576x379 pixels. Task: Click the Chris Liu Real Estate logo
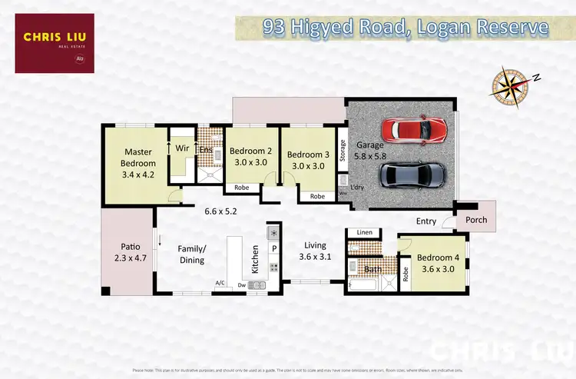pyautogui.click(x=54, y=43)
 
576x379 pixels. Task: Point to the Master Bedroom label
pyautogui.click(x=138, y=163)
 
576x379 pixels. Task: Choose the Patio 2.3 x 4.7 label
pyautogui.click(x=126, y=253)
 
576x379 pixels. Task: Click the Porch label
pyautogui.click(x=472, y=220)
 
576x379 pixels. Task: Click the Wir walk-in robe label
pyautogui.click(x=183, y=148)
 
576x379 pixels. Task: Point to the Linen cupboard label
pyautogui.click(x=364, y=232)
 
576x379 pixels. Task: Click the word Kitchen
pyautogui.click(x=256, y=261)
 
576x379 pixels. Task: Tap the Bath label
pyautogui.click(x=372, y=269)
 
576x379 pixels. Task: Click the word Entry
pyautogui.click(x=426, y=221)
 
